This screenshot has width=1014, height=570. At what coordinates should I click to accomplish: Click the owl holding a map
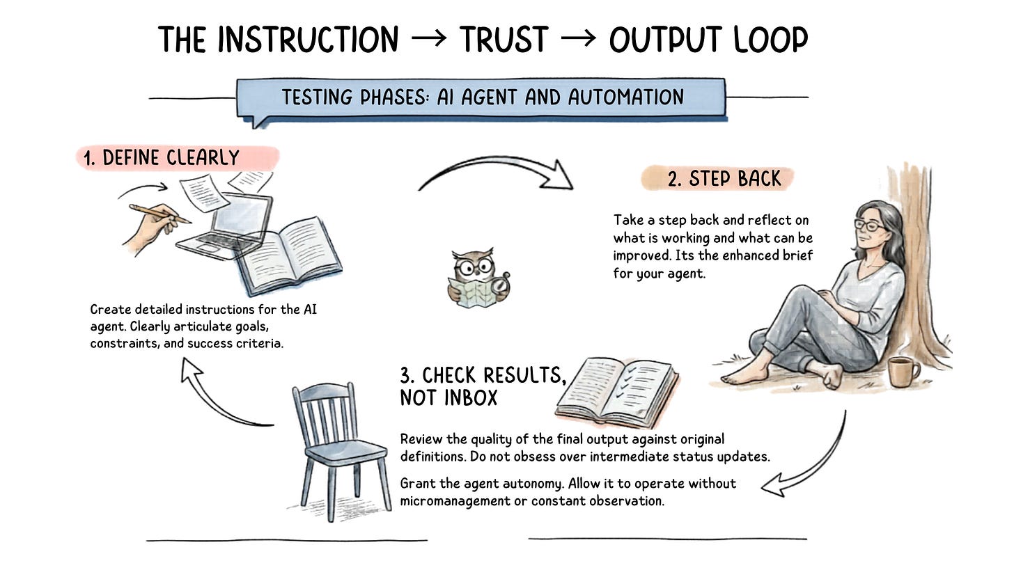(478, 278)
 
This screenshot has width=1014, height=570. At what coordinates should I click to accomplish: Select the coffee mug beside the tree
(903, 372)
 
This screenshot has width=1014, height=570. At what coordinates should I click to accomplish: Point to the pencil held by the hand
(159, 214)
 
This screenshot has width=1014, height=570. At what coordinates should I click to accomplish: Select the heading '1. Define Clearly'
(171, 158)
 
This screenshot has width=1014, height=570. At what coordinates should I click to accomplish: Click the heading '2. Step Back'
(724, 178)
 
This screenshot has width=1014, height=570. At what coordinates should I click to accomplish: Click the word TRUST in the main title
(504, 40)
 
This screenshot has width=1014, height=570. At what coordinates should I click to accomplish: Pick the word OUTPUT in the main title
(668, 40)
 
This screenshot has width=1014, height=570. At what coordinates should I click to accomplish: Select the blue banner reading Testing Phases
(482, 97)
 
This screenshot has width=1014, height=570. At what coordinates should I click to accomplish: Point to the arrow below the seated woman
(807, 459)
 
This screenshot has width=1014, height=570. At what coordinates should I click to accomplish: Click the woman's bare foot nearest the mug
(832, 377)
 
